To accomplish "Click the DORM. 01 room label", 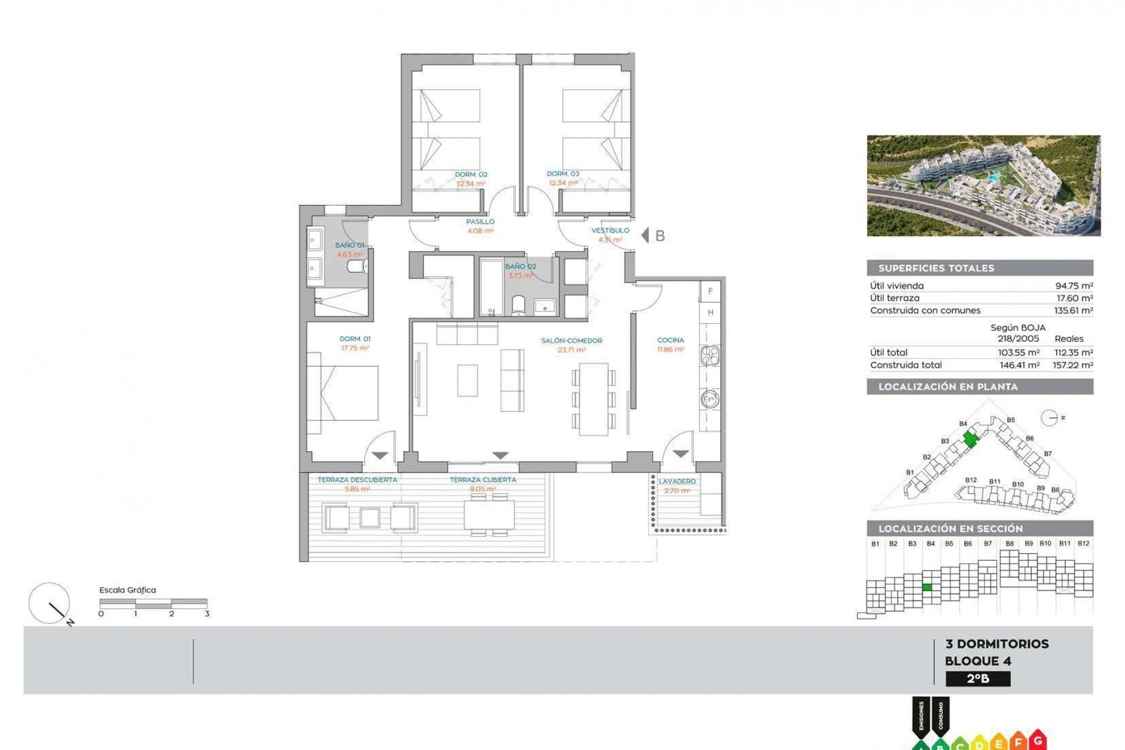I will pos(355,339).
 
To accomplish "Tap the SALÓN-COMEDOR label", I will pos(571,340).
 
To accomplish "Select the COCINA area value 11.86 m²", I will pos(670,349).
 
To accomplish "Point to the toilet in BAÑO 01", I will pos(356,268).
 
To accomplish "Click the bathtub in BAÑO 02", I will pos(489,287).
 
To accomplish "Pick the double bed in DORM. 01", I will pos(349,393).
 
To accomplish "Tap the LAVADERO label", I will pos(677,481).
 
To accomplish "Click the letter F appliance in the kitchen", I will pos(710,291).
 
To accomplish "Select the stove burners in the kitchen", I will pos(710,355).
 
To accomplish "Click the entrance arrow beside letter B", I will pos(645,236).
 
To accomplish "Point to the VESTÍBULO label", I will pos(610,230).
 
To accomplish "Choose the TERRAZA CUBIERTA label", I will pos(483,480).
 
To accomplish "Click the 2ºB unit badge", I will pos(978,679).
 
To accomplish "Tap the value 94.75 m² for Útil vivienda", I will pos(1073,286).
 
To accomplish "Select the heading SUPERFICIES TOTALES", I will pos(936,268).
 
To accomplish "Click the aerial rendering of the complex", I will pos(983,186).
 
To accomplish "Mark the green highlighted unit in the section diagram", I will pos(927,587).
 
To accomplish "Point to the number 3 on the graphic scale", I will pos(207,613).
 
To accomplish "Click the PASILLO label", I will pos(480,221).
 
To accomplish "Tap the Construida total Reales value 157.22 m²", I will pos(1073,365).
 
